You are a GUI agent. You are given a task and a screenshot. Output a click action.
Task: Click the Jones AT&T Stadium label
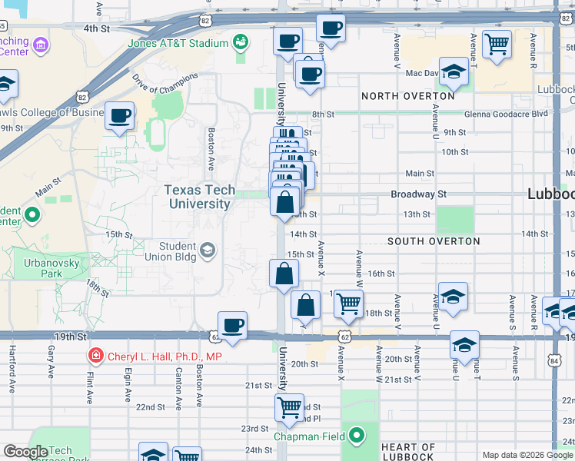(x=180, y=43)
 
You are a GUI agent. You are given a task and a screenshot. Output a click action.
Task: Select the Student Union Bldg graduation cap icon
(x=208, y=250)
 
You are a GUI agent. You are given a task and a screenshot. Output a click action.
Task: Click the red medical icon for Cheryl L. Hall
(x=95, y=356)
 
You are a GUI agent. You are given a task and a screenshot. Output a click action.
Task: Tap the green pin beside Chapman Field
(x=356, y=436)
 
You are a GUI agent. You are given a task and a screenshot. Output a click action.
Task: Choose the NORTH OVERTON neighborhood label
(x=408, y=96)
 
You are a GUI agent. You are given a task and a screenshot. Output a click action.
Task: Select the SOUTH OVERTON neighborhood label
(x=434, y=241)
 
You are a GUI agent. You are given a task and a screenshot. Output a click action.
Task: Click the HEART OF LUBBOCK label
(x=408, y=453)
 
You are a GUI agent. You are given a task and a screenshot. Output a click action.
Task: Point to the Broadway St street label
(x=418, y=194)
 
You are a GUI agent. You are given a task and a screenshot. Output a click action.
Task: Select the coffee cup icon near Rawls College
(x=120, y=116)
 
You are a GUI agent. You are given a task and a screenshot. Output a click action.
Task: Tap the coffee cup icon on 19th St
(x=232, y=325)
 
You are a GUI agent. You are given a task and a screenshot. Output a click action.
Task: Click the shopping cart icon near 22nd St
(x=289, y=407)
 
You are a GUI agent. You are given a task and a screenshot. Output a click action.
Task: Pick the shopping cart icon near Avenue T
(x=497, y=44)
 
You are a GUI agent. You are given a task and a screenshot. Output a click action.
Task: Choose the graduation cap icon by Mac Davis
(x=454, y=72)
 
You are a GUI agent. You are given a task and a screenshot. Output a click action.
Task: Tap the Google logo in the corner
(x=25, y=452)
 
